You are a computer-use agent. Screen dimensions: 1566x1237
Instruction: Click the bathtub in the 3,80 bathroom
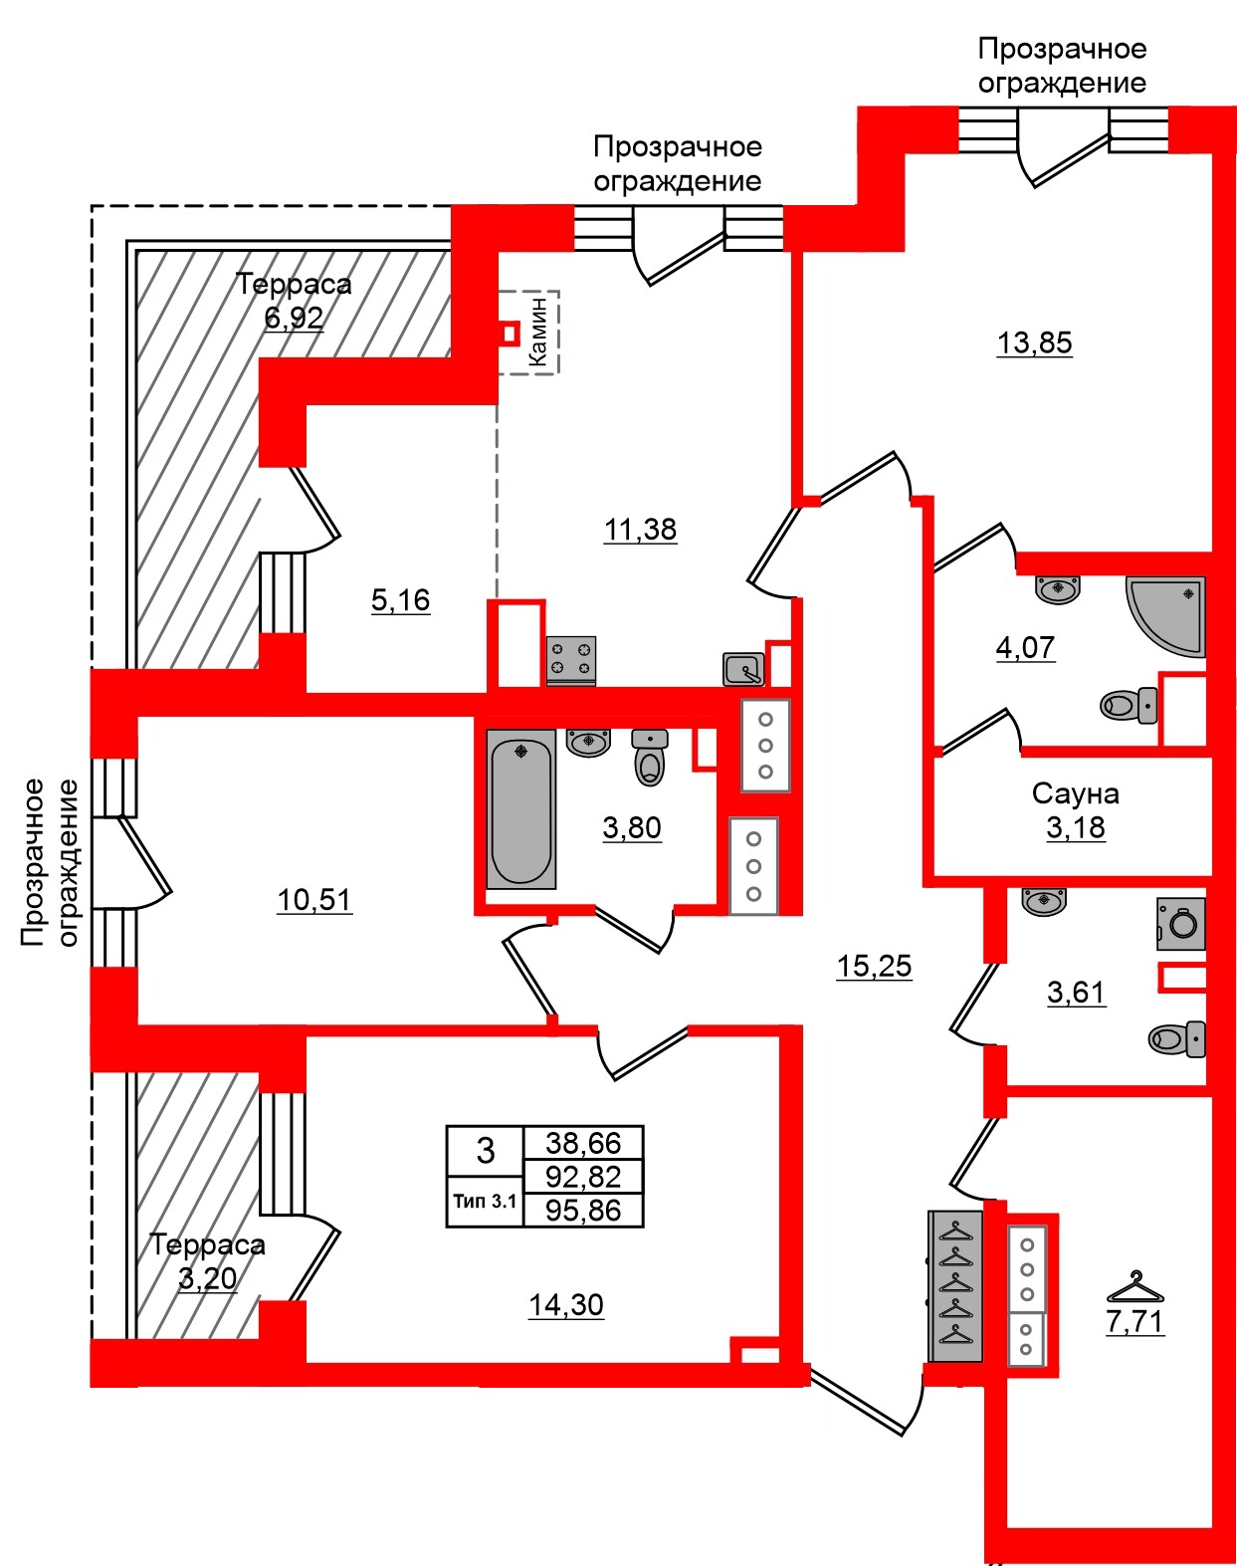[520, 808]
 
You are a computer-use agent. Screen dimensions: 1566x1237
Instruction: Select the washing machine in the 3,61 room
[1181, 923]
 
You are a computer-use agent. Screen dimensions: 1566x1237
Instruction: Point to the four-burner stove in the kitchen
[571, 660]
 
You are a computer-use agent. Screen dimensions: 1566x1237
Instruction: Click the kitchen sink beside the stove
[743, 669]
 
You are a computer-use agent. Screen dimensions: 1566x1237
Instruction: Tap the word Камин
[538, 332]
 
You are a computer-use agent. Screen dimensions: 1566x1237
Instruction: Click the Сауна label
[1075, 793]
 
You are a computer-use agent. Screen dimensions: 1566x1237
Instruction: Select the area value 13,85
[1034, 342]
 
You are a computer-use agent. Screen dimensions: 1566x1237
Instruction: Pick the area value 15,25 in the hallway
[874, 966]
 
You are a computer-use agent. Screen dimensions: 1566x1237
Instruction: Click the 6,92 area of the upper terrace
[294, 318]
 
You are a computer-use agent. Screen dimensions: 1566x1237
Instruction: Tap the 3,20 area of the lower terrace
[207, 1278]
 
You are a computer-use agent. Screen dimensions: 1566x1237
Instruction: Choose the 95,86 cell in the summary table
[583, 1211]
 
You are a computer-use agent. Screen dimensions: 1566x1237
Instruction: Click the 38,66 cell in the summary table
[583, 1143]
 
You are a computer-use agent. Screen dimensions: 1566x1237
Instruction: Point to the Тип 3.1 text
[485, 1201]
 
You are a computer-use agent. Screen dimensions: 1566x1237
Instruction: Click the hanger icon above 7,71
[1134, 1287]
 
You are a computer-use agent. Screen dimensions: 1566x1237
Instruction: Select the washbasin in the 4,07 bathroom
[1058, 589]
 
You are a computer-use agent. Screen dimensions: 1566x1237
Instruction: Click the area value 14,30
[565, 1304]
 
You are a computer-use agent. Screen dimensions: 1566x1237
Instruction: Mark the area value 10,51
[313, 900]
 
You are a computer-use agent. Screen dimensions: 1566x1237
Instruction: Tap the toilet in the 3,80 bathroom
[650, 759]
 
